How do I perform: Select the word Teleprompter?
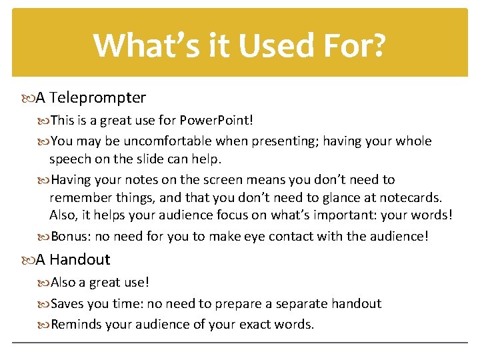pyautogui.click(x=97, y=98)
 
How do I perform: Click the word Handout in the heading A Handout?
pyautogui.click(x=79, y=259)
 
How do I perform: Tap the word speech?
pyautogui.click(x=71, y=160)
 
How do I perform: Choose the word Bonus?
pyautogui.click(x=71, y=237)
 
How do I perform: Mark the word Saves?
pyautogui.click(x=68, y=304)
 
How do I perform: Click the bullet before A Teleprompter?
pyautogui.click(x=27, y=98)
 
